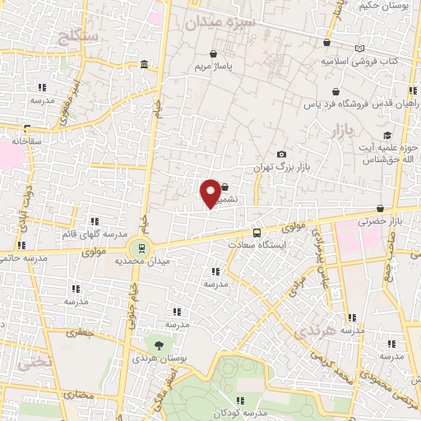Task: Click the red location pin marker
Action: [x=210, y=192]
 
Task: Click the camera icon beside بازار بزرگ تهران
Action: [x=282, y=155]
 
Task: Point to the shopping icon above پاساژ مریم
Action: [x=213, y=54]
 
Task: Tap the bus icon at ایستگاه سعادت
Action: [x=257, y=233]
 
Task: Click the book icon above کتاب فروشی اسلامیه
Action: [x=359, y=49]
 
